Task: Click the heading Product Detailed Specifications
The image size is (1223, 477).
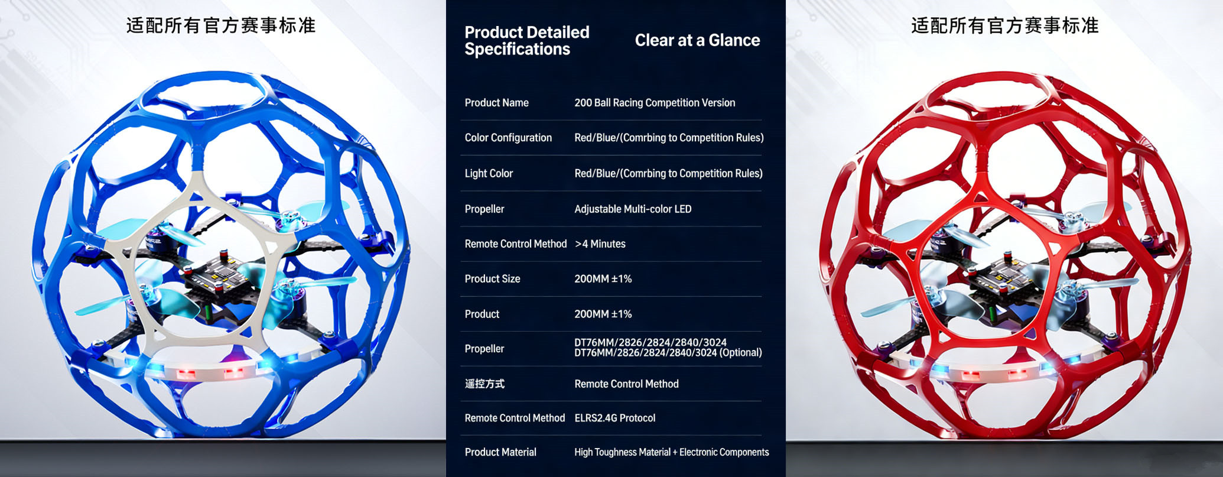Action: click(x=527, y=41)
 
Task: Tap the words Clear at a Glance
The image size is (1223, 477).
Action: click(x=697, y=40)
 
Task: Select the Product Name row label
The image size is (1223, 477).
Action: click(x=496, y=103)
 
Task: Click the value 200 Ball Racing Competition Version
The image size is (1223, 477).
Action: click(x=655, y=103)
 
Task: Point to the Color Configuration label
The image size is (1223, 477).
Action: click(x=508, y=138)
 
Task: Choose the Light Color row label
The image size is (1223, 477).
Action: click(x=489, y=173)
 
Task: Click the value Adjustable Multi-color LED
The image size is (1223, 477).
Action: click(x=633, y=209)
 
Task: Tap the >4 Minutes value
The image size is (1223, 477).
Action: click(x=600, y=244)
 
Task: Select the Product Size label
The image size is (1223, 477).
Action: click(x=492, y=278)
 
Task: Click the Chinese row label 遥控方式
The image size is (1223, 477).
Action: click(x=484, y=384)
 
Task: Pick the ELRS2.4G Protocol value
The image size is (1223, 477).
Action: click(x=615, y=418)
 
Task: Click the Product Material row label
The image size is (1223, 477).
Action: click(x=500, y=452)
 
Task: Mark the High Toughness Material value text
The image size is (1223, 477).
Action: click(x=672, y=452)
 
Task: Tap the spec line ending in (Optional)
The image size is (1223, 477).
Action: click(x=668, y=353)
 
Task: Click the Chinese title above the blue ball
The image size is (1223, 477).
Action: click(x=221, y=26)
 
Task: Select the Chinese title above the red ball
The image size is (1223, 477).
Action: click(x=1005, y=26)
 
